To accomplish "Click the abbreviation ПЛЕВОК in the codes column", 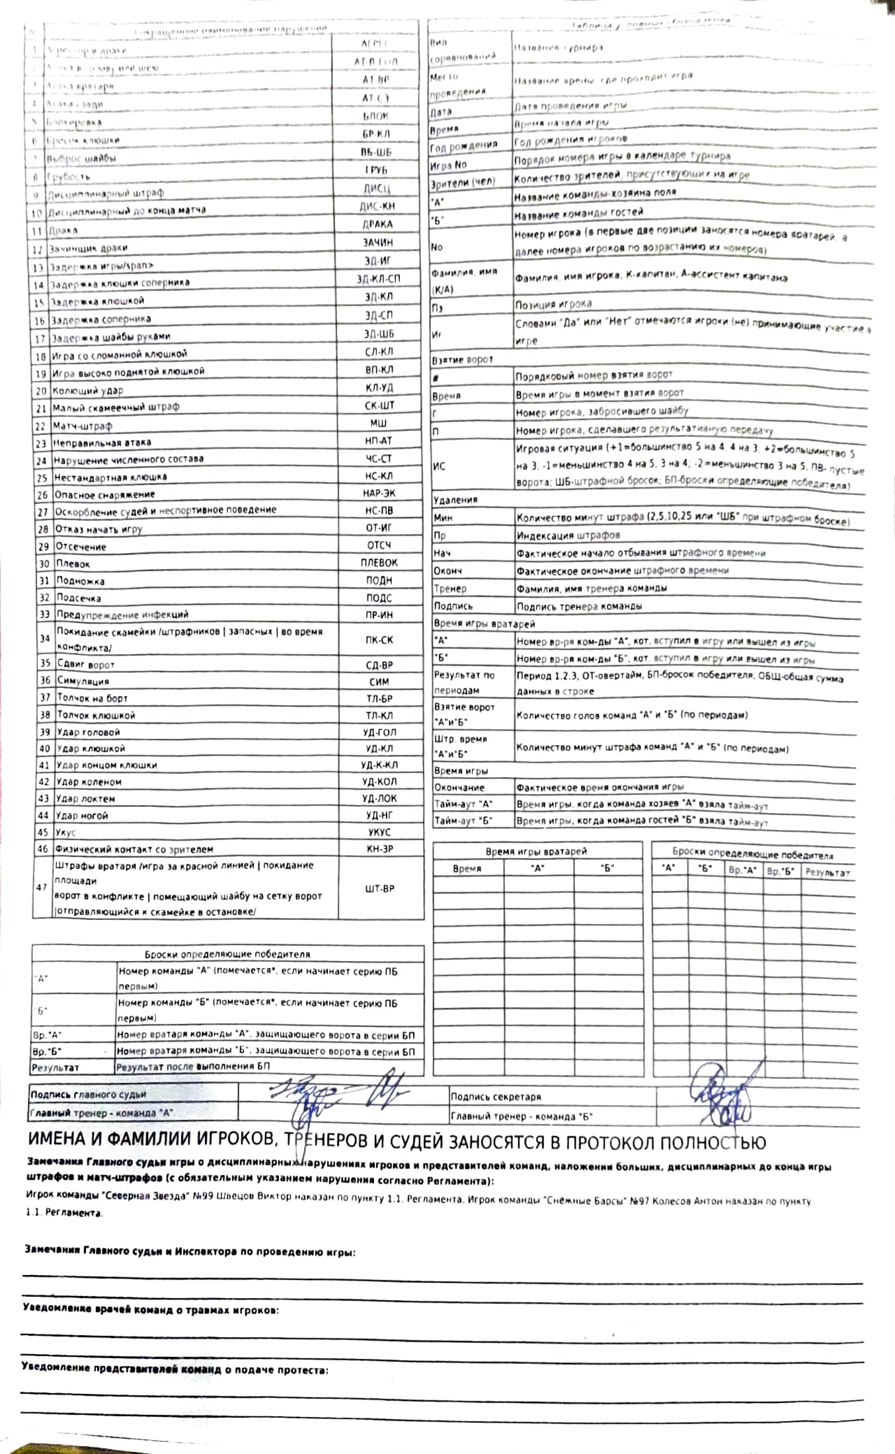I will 379,563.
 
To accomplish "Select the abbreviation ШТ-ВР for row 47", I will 379,889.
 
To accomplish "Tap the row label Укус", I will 65,833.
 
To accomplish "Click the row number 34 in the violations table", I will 44,639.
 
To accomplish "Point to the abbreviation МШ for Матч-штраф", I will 379,423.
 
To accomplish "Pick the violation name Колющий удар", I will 88,391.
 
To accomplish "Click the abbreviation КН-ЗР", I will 379,849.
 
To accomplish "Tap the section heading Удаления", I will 455,500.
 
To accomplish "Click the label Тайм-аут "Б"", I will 463,821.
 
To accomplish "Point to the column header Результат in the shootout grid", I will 827,872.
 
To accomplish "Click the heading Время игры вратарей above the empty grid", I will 536,851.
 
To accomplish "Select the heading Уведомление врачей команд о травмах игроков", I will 150,1309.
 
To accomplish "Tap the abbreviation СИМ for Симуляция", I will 379,681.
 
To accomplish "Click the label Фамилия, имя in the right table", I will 464,272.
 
